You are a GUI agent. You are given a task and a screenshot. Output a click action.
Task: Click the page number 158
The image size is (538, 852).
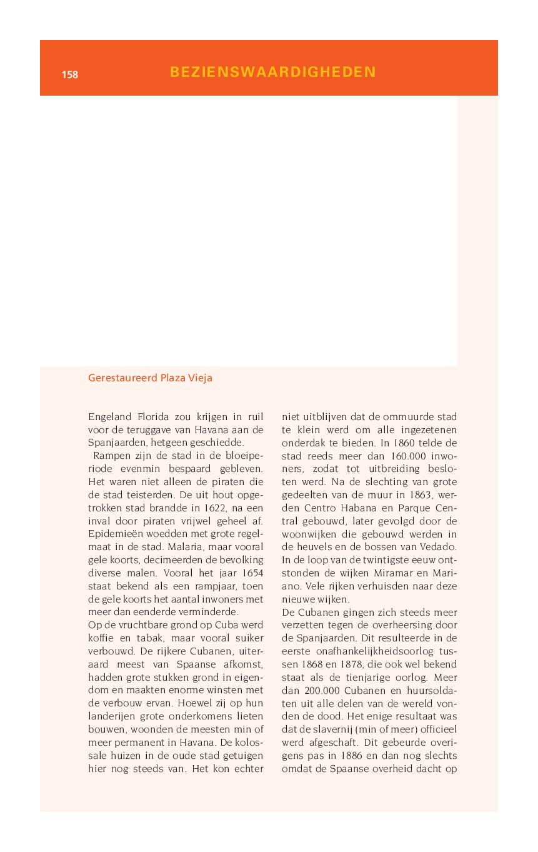coord(69,74)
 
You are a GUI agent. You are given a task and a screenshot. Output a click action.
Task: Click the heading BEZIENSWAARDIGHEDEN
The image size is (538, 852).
coord(272,72)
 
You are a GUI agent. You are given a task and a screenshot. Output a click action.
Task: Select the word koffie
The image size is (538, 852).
coord(101,638)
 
